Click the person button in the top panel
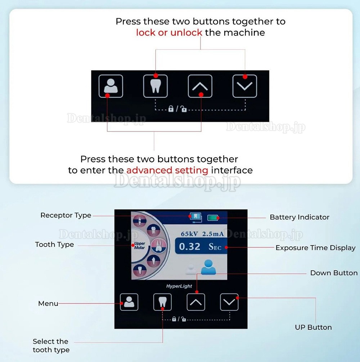point(111,86)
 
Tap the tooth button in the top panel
point(155,86)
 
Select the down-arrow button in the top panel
point(244,86)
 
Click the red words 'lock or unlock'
point(169,32)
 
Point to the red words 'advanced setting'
point(167,170)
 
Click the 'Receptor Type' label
point(66,215)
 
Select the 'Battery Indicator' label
point(300,217)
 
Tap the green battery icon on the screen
point(213,218)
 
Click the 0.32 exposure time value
point(190,247)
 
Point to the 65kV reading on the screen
point(189,234)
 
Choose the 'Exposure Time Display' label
point(315,248)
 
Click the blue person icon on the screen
point(208,267)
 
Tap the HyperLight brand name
point(179,286)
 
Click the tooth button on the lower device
point(162,302)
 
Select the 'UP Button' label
point(314,327)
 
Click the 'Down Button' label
point(334,273)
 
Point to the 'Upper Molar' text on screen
point(140,245)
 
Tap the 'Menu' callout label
point(48,303)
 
